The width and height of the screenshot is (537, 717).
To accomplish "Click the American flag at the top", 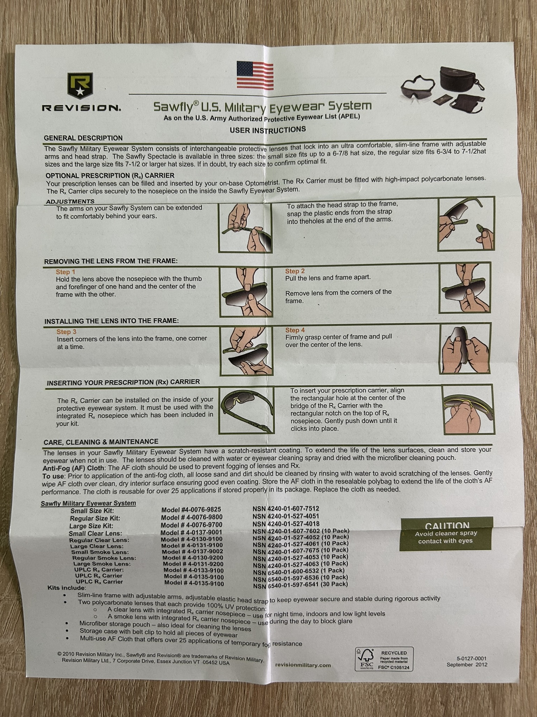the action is click(x=255, y=75).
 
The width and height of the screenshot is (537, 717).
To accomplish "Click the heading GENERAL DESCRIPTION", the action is click(x=83, y=138).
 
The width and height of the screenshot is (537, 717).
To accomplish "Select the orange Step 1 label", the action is click(x=65, y=272).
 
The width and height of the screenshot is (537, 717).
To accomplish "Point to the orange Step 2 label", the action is click(x=295, y=271).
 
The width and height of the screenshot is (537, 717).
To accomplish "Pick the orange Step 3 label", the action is click(x=66, y=332).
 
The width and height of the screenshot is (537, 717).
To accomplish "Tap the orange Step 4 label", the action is click(x=295, y=330).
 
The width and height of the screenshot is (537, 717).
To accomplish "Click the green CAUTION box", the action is click(x=446, y=534).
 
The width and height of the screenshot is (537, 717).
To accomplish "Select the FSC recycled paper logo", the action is click(x=384, y=659).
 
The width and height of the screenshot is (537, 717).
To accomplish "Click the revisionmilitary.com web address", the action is click(x=303, y=665).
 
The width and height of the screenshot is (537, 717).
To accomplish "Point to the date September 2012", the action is click(x=467, y=664).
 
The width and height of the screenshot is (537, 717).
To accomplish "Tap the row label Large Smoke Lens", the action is click(x=102, y=564).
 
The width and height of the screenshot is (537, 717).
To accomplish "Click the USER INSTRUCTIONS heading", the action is click(x=268, y=130).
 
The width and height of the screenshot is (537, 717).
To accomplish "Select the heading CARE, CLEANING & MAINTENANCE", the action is click(x=101, y=442).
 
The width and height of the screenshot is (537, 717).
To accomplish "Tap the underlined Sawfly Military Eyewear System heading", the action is click(x=88, y=503).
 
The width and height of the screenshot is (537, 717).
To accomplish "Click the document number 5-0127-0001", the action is click(x=472, y=658).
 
